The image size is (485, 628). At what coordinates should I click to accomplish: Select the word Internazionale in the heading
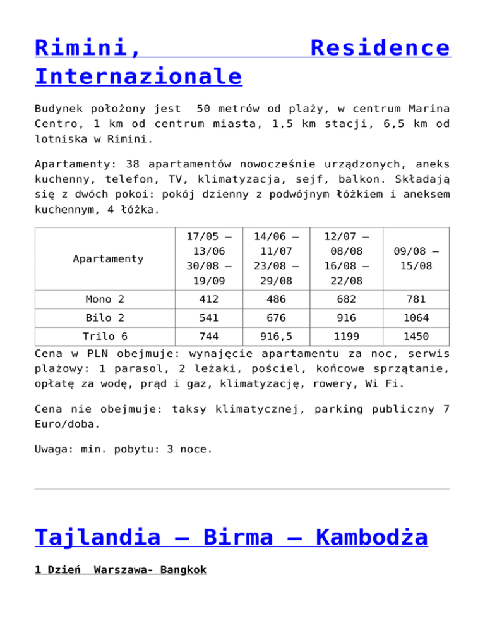tap(138, 76)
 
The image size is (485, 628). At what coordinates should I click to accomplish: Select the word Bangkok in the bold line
tap(183, 570)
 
